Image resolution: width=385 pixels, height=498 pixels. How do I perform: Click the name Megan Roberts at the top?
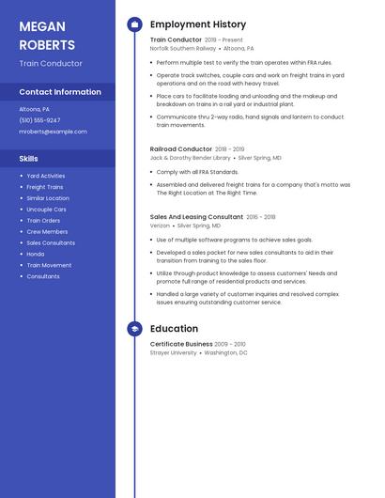point(47,36)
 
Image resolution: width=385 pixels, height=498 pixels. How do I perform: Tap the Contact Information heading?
point(60,92)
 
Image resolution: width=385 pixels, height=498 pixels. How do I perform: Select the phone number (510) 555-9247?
point(39,120)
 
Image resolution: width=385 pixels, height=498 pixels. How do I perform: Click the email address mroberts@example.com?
point(53,132)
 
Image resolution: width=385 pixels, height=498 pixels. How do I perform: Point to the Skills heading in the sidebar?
point(29,159)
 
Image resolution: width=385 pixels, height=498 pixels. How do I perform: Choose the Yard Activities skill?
point(46,176)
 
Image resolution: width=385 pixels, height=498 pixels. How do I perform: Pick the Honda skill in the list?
point(36,254)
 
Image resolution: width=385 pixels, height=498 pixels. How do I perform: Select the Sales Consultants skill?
point(51,242)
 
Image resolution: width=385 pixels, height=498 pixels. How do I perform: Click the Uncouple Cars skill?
point(46,210)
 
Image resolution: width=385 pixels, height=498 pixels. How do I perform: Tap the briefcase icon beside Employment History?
point(134,24)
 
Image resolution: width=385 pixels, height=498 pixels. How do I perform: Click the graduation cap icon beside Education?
point(134,329)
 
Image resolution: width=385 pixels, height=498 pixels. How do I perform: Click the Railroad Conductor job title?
point(181,148)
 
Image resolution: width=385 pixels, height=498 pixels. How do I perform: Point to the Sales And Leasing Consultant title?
point(196,216)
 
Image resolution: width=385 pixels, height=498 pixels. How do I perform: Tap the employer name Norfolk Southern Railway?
point(183,48)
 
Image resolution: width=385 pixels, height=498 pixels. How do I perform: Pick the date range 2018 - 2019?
point(230,149)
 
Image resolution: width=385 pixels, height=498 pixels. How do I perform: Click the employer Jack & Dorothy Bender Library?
point(190,158)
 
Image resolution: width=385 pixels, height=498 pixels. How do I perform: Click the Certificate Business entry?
point(181,344)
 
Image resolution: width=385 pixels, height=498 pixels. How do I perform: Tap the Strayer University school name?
point(174,352)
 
